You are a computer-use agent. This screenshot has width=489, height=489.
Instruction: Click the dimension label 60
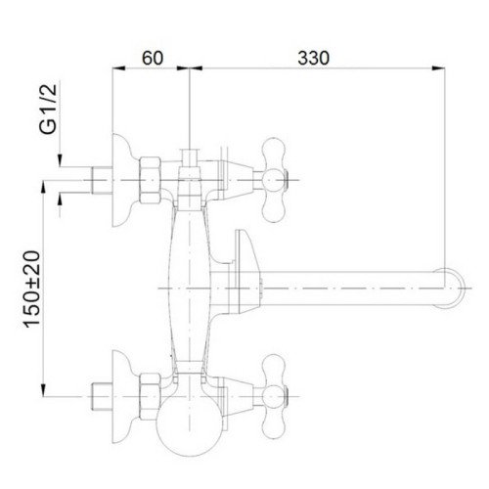coord(153,58)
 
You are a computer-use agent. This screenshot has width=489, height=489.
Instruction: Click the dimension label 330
coord(313,58)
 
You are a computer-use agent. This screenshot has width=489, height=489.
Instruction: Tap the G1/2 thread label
coord(48,109)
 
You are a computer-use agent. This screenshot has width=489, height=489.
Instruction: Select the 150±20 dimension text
coord(31,289)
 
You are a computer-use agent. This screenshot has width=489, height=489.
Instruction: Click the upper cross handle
coord(275,180)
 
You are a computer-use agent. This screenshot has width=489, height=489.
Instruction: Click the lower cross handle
coord(275,397)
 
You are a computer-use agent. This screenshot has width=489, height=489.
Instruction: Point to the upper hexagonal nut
coord(151,180)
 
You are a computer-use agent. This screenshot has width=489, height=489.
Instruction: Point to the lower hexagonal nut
coord(151,397)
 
